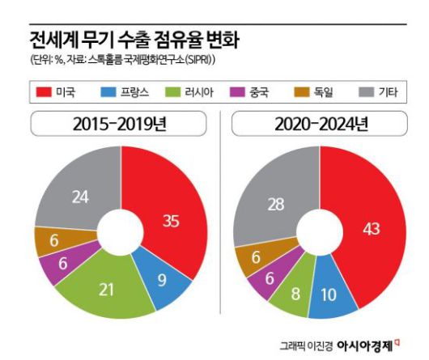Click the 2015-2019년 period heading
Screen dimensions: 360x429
121,125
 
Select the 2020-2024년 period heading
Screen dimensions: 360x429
321,125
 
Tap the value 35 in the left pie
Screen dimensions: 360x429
171,220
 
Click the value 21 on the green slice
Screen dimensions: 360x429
106,288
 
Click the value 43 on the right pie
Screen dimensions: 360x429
372,230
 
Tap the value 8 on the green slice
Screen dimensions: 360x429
296,292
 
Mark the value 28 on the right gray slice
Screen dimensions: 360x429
276,204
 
